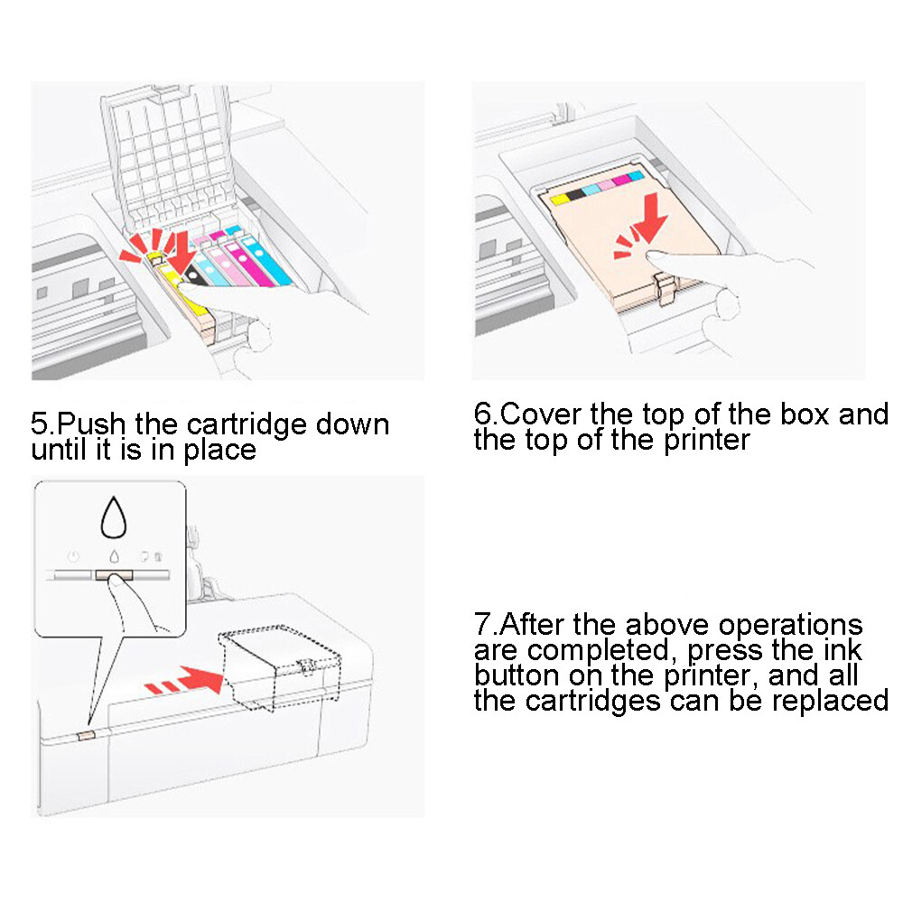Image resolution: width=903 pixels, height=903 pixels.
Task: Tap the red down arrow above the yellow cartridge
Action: click(x=177, y=247)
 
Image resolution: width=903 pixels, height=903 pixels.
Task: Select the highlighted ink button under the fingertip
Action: click(x=113, y=574)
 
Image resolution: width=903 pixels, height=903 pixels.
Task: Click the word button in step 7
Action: click(x=514, y=675)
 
